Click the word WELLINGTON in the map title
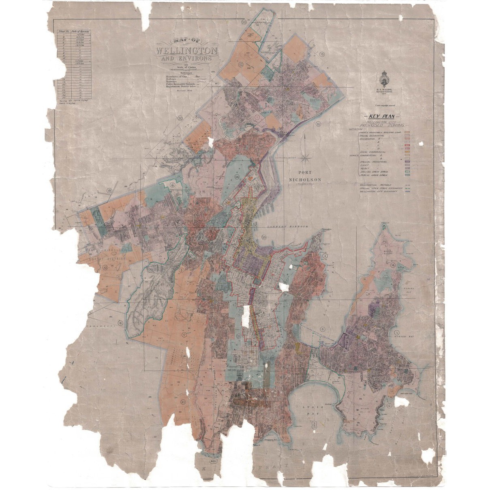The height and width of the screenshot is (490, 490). pyautogui.click(x=186, y=51)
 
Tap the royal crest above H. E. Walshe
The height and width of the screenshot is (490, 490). pyautogui.click(x=383, y=77)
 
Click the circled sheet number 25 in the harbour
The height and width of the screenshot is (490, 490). pyautogui.click(x=264, y=237)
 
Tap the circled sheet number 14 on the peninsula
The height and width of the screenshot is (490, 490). pyautogui.click(x=393, y=265)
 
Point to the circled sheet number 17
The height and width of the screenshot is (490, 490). pyautogui.click(x=184, y=335)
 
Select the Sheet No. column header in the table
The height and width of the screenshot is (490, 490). pyautogui.click(x=63, y=31)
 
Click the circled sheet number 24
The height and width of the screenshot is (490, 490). pyautogui.click(x=237, y=177)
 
